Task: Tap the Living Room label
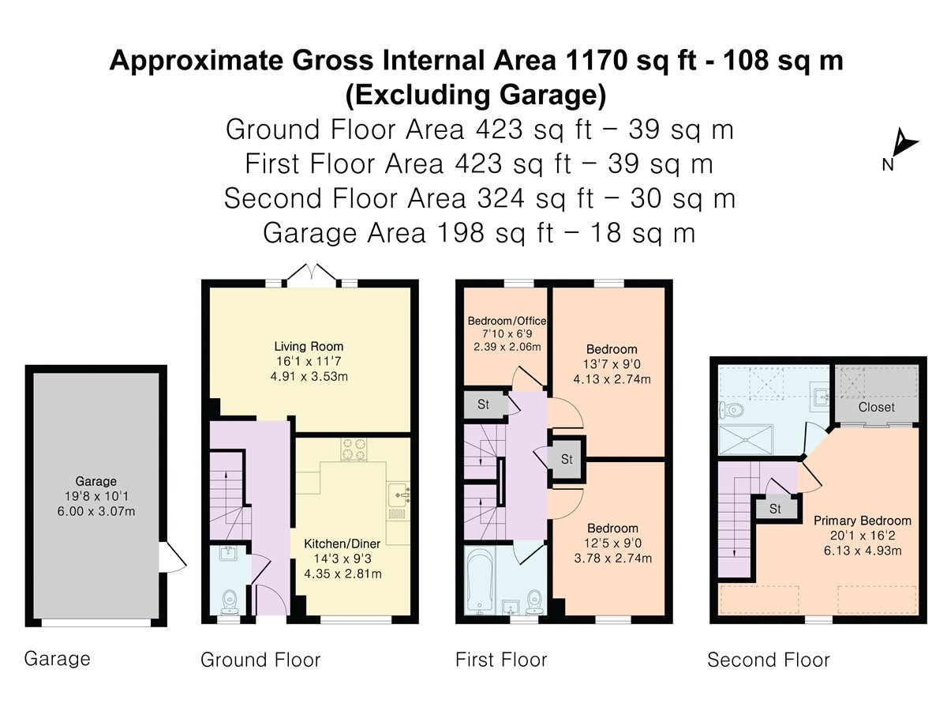[309, 346]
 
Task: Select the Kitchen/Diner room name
[342, 544]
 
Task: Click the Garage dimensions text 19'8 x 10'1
[95, 496]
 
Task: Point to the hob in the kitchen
[354, 449]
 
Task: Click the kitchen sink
[399, 495]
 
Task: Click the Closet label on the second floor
[876, 407]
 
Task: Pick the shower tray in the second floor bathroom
[746, 440]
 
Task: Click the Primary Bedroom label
[862, 521]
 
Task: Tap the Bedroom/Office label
[507, 321]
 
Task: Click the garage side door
[173, 557]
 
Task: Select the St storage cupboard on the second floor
[775, 509]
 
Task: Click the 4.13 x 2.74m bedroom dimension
[612, 379]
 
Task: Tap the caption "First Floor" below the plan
[501, 660]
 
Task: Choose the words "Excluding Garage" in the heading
[476, 95]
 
